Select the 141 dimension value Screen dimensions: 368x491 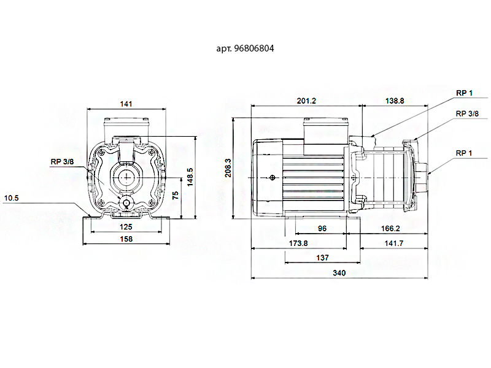pyautogui.click(x=126, y=104)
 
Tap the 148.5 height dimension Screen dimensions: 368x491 pyautogui.click(x=190, y=177)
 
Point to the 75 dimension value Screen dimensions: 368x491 pyautogui.click(x=176, y=196)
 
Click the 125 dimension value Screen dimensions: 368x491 pyautogui.click(x=126, y=227)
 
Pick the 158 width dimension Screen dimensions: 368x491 pyautogui.click(x=126, y=240)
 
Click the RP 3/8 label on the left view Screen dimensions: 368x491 pyautogui.click(x=63, y=162)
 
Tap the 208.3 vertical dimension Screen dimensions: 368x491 pyautogui.click(x=228, y=168)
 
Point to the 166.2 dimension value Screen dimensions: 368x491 pyautogui.click(x=390, y=228)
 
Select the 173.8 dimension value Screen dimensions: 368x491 pyautogui.click(x=298, y=243)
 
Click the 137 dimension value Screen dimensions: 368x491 pyautogui.click(x=323, y=258)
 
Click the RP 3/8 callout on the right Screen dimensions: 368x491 pyautogui.click(x=467, y=113)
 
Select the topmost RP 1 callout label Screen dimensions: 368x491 pyautogui.click(x=464, y=93)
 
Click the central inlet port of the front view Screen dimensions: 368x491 pyautogui.click(x=126, y=178)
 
